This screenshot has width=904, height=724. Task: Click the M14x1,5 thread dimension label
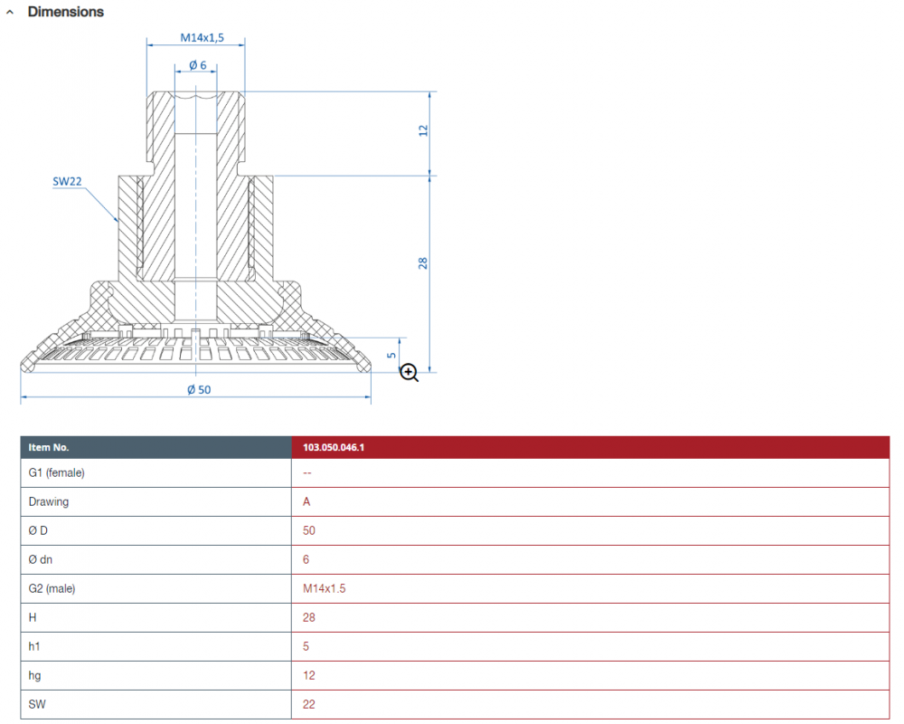[202, 37]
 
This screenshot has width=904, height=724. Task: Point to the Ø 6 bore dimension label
[197, 65]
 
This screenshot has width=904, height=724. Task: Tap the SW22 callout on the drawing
[67, 181]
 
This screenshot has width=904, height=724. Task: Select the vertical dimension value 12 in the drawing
[423, 130]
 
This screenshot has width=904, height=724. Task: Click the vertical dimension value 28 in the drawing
[422, 262]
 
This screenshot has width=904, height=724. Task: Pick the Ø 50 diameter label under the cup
[199, 390]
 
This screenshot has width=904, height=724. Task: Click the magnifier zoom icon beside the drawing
[409, 372]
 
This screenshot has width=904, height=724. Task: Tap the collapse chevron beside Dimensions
[10, 12]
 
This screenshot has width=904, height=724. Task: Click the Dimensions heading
[66, 12]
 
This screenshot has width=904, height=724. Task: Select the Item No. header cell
[155, 447]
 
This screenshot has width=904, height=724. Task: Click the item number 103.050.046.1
[334, 447]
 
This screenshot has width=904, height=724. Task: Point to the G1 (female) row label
[56, 472]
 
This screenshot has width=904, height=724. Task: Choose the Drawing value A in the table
[306, 501]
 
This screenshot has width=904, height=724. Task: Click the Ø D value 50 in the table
[309, 530]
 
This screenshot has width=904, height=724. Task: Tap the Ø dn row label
[41, 559]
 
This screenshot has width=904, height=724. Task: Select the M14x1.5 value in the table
[324, 588]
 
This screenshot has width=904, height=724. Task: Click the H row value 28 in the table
[309, 617]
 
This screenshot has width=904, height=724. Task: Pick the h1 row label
[34, 646]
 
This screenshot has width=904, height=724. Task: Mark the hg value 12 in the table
[309, 675]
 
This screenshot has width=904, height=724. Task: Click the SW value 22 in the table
[309, 704]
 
